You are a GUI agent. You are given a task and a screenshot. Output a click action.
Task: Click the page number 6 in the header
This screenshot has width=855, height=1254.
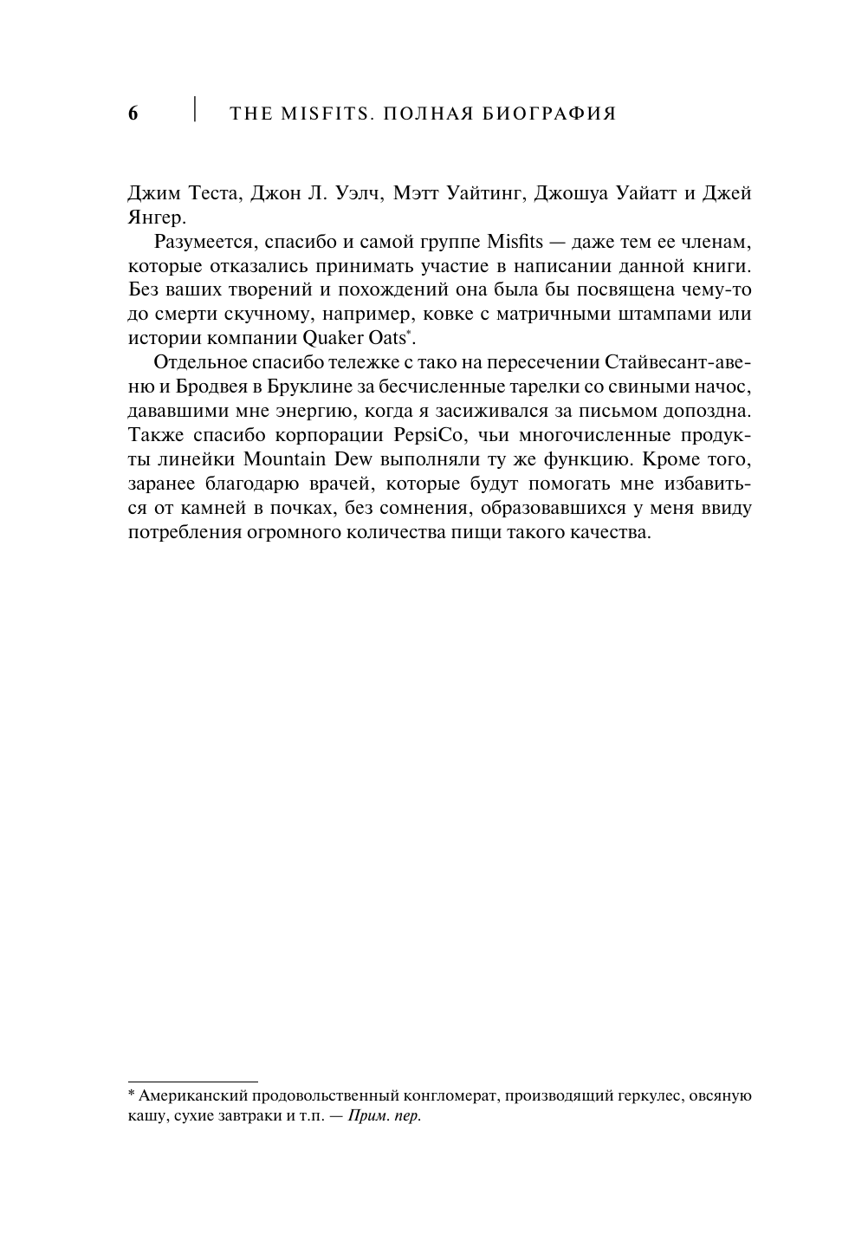point(133,114)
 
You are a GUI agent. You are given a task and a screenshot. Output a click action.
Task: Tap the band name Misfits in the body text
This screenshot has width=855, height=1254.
point(517,240)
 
